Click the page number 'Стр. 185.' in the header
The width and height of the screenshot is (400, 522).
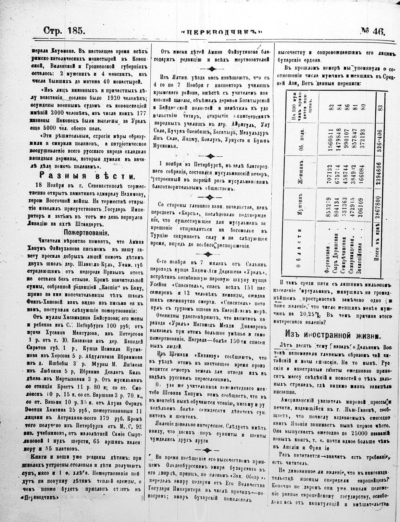64,31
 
